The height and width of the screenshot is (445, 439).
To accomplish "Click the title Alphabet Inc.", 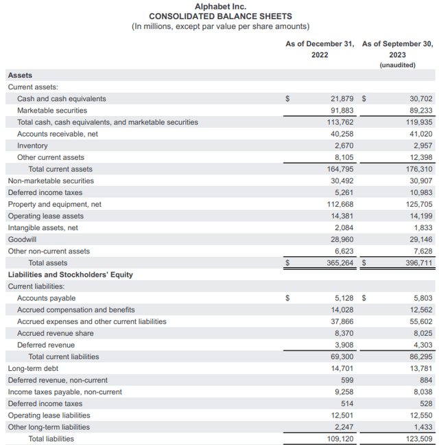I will pyautogui.click(x=220, y=6).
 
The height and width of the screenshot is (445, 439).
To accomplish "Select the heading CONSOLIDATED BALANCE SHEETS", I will pyautogui.click(x=220, y=16).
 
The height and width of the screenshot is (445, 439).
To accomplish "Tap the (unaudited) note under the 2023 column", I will pyautogui.click(x=397, y=65).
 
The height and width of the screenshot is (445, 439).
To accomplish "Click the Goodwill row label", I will pyautogui.click(x=22, y=239).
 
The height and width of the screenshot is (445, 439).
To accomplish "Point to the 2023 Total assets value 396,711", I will pyautogui.click(x=418, y=263).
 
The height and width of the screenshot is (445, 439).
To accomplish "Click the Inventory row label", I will pyautogui.click(x=32, y=146).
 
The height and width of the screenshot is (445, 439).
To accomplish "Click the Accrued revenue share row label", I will pyautogui.click(x=55, y=333).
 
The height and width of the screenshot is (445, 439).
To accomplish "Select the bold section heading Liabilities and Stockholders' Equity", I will pyautogui.click(x=70, y=275).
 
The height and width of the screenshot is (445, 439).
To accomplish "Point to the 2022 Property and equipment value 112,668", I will pyautogui.click(x=340, y=204).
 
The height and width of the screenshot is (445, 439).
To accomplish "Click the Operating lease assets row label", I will pyautogui.click(x=45, y=216).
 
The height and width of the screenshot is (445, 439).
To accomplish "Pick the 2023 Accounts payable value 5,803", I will pyautogui.click(x=423, y=298).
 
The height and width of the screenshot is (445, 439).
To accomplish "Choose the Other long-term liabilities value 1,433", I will pyautogui.click(x=423, y=426).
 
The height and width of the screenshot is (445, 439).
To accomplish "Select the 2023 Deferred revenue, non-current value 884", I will pyautogui.click(x=426, y=380).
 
